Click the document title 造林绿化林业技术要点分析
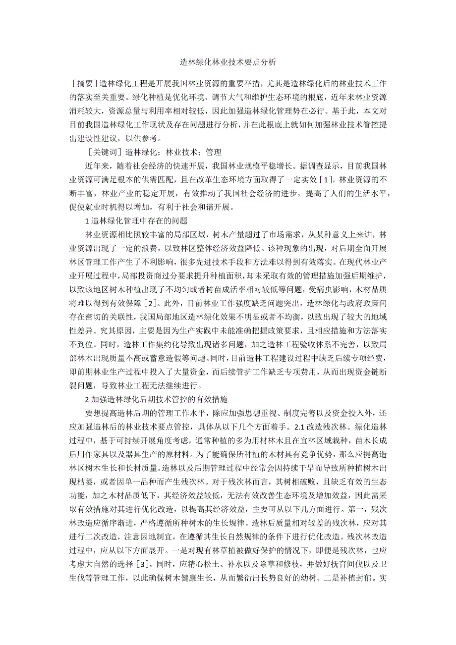pyautogui.click(x=228, y=63)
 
